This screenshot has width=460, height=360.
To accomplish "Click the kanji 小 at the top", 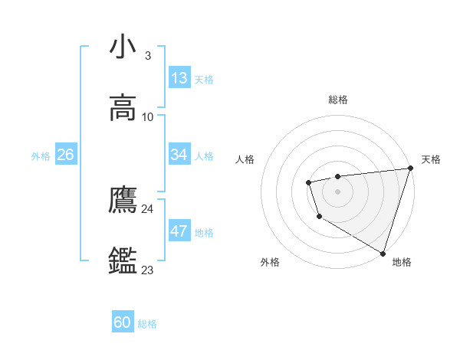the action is point(123,47).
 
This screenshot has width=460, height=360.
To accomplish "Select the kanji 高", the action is point(123,107).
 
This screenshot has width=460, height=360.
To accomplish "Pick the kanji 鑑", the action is point(123,260).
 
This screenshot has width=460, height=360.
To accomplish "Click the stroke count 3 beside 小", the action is point(147,56).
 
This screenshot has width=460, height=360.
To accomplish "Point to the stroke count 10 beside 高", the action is point(148,117).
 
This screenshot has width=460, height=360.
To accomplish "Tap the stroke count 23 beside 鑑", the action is point(147,270).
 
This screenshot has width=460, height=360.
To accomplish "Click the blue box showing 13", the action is point(179,78).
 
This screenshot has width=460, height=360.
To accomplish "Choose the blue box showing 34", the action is point(179,155).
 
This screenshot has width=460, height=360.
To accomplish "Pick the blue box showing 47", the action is point(179,231).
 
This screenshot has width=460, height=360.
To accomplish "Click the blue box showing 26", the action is point(65,155).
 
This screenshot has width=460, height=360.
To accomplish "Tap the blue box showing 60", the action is point(123,322).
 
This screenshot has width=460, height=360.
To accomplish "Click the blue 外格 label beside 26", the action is point(41,155).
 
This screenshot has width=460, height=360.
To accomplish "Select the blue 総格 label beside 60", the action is point(147,323).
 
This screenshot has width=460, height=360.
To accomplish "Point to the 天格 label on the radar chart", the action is point(431,159).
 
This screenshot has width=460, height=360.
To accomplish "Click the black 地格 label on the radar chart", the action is point(402,262).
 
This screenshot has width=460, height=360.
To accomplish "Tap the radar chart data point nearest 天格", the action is point(410,169).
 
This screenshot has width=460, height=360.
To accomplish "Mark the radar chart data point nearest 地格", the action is point(383,253).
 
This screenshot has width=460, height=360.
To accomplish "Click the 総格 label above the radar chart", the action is point(337,100).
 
